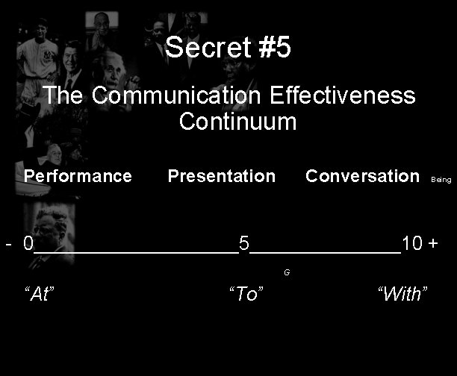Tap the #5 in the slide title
(273, 48)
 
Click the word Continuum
(237, 121)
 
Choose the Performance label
(78, 176)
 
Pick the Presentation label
(221, 176)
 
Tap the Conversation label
(362, 176)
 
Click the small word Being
(441, 180)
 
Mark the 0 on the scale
(28, 243)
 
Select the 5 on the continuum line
(243, 243)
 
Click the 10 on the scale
(412, 243)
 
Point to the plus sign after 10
(433, 243)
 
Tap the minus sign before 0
(8, 243)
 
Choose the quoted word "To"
(246, 294)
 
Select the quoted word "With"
(402, 293)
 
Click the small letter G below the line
(287, 272)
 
